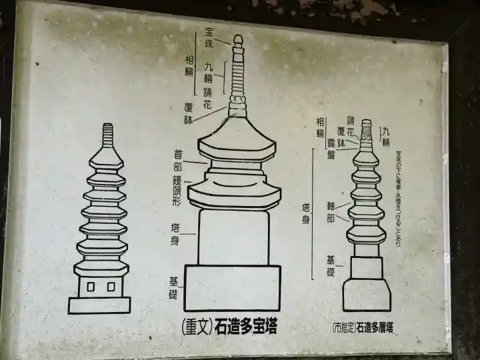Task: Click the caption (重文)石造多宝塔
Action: [229, 327]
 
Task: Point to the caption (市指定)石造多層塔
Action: [363, 328]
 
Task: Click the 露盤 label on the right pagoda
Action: [331, 149]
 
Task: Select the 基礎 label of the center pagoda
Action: [173, 289]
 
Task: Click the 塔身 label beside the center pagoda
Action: [174, 234]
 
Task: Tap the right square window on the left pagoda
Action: [111, 287]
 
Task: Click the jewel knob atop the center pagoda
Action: [238, 39]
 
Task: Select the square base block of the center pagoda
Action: [233, 287]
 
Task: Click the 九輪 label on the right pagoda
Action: [385, 136]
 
